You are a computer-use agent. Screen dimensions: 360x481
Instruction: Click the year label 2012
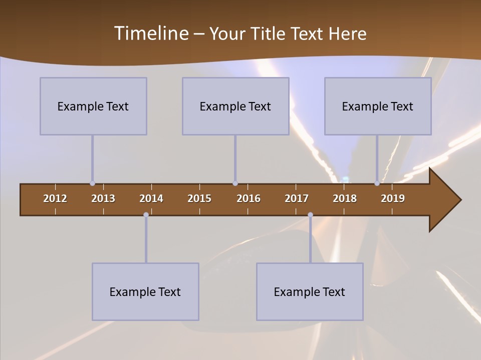tap(55, 198)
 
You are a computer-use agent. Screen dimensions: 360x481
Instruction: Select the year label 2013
tap(103, 198)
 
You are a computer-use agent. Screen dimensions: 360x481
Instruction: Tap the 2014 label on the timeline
tap(151, 198)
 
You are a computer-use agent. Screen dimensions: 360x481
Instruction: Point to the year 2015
tap(199, 198)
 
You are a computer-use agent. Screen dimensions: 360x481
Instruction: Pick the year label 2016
tap(249, 198)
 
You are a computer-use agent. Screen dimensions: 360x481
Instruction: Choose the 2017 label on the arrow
tap(297, 198)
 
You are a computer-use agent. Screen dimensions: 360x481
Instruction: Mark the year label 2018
tap(345, 198)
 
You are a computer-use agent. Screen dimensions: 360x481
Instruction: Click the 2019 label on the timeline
tap(393, 198)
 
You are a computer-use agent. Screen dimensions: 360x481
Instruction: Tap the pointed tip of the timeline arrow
tap(460, 200)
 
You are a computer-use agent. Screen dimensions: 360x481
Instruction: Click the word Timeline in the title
tap(151, 33)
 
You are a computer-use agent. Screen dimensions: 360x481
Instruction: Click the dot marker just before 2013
tap(92, 183)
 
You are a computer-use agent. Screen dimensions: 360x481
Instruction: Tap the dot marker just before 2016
tap(235, 183)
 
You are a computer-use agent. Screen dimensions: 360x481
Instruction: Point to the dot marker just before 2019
tap(377, 183)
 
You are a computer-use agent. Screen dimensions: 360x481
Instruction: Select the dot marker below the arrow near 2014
tap(146, 215)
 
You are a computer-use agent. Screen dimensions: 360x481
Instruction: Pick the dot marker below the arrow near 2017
tap(310, 215)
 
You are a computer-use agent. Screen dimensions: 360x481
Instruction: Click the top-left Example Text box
tap(93, 106)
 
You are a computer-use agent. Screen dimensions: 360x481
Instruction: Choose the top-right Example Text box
tap(378, 106)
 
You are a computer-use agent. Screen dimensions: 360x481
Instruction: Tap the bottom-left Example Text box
tap(145, 291)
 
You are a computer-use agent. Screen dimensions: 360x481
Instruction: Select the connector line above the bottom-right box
tap(310, 239)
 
